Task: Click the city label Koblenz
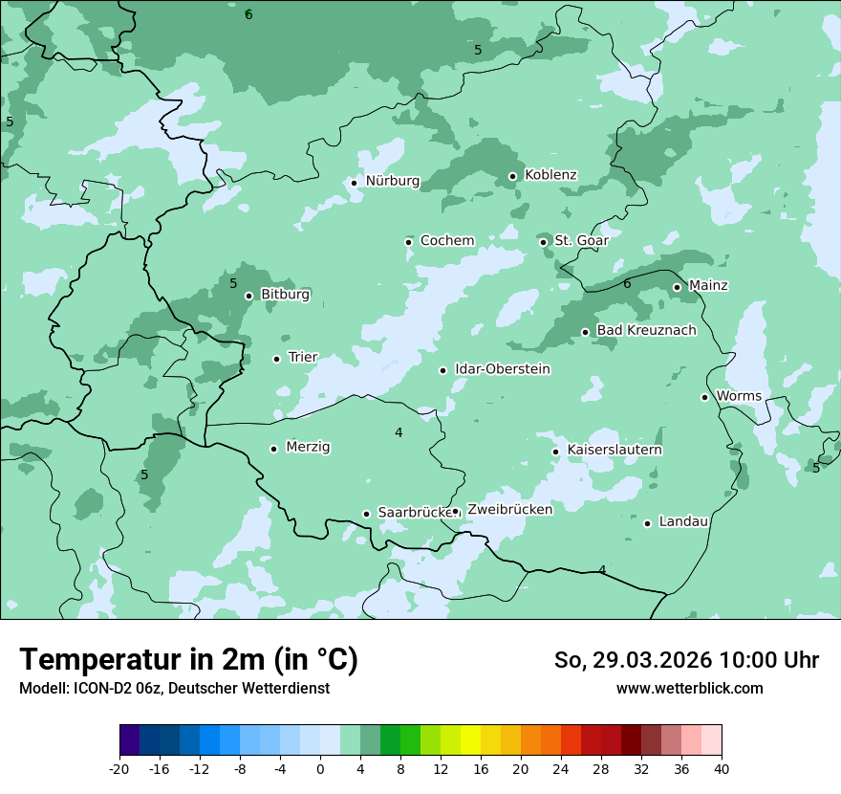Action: click(x=550, y=175)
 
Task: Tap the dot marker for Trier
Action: click(x=277, y=359)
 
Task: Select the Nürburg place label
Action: click(x=392, y=181)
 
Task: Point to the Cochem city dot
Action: click(x=409, y=242)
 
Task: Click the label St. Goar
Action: click(x=581, y=240)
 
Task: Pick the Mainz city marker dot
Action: click(x=677, y=287)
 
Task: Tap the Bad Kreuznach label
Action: click(x=646, y=330)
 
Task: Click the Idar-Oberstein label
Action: click(x=502, y=369)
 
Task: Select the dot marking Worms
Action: click(x=705, y=397)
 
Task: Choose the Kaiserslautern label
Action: click(x=615, y=450)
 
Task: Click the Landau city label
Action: click(x=683, y=521)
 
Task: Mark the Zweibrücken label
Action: click(x=509, y=510)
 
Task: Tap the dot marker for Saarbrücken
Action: click(x=366, y=514)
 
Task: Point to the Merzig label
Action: click(x=308, y=447)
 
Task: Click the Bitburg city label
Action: click(x=285, y=295)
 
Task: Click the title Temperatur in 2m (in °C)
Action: click(x=188, y=660)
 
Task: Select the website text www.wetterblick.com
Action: click(x=689, y=688)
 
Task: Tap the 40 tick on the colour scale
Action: click(x=721, y=768)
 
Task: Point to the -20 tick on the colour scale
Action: click(x=119, y=768)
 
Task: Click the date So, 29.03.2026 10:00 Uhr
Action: click(x=686, y=660)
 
